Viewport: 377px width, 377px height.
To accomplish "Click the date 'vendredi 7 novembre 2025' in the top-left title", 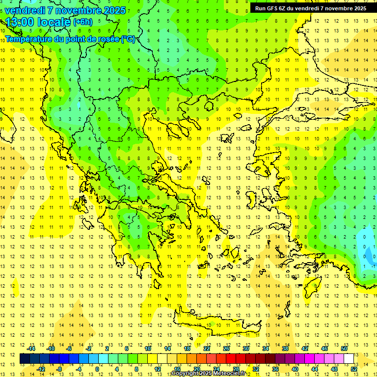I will pyautogui.click(x=65, y=10).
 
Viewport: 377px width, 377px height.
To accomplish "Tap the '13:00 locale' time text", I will pyautogui.click(x=38, y=22).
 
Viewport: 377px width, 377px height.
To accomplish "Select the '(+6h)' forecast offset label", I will pyautogui.click(x=82, y=22).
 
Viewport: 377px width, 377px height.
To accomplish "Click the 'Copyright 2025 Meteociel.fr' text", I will pyautogui.click(x=208, y=374).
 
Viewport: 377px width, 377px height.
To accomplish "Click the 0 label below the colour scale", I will pyautogui.click(x=97, y=369).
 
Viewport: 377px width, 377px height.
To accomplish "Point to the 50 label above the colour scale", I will pyautogui.click(x=344, y=349).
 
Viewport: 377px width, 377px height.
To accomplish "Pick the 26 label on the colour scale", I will pyautogui.click(x=226, y=349).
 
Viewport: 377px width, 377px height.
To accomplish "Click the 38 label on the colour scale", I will pyautogui.click(x=285, y=349).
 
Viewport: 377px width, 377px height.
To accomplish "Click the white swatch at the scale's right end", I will pyautogui.click(x=349, y=359).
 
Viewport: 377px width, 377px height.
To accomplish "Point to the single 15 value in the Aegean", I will pyautogui.click(x=278, y=256).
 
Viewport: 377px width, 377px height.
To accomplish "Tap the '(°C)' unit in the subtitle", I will pyautogui.click(x=128, y=39).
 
